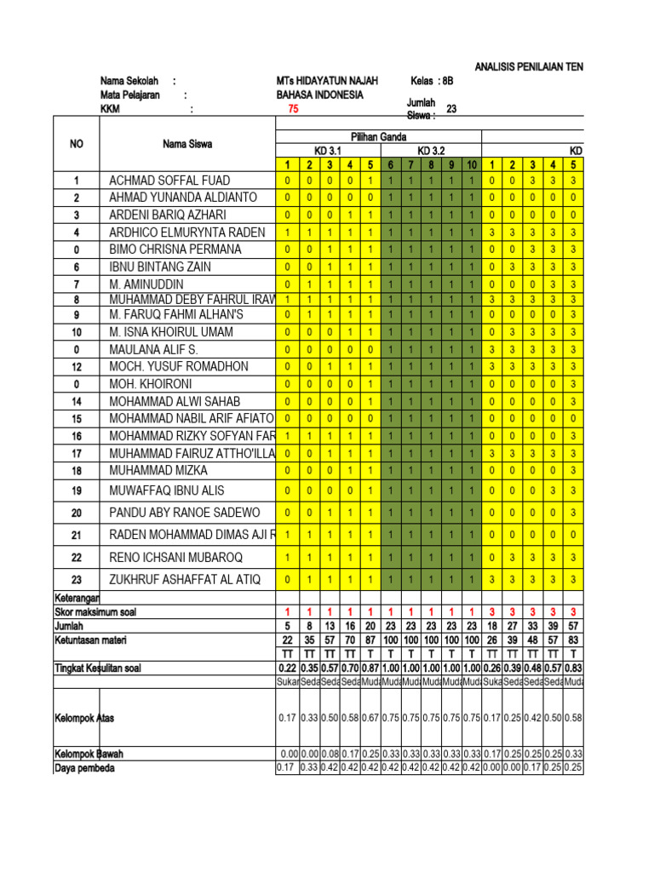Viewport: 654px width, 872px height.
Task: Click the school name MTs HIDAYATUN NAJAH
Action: click(x=322, y=81)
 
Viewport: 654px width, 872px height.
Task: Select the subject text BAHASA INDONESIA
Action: click(x=314, y=95)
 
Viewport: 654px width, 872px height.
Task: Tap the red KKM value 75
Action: click(x=294, y=108)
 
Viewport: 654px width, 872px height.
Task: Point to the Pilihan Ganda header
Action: click(x=379, y=136)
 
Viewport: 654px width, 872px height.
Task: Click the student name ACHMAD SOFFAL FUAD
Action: click(x=169, y=181)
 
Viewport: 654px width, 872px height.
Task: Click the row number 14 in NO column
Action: click(x=77, y=401)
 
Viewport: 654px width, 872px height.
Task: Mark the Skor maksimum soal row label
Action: click(x=95, y=612)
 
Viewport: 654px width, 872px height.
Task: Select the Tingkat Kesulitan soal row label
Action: click(x=97, y=668)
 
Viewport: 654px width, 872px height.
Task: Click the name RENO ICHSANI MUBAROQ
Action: click(x=176, y=558)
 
